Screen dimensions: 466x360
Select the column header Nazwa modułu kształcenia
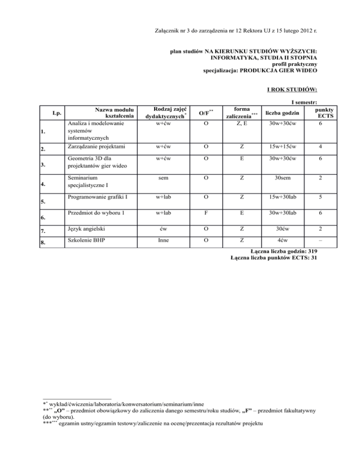(x=114, y=112)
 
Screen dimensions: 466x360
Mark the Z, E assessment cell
(x=242, y=124)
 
